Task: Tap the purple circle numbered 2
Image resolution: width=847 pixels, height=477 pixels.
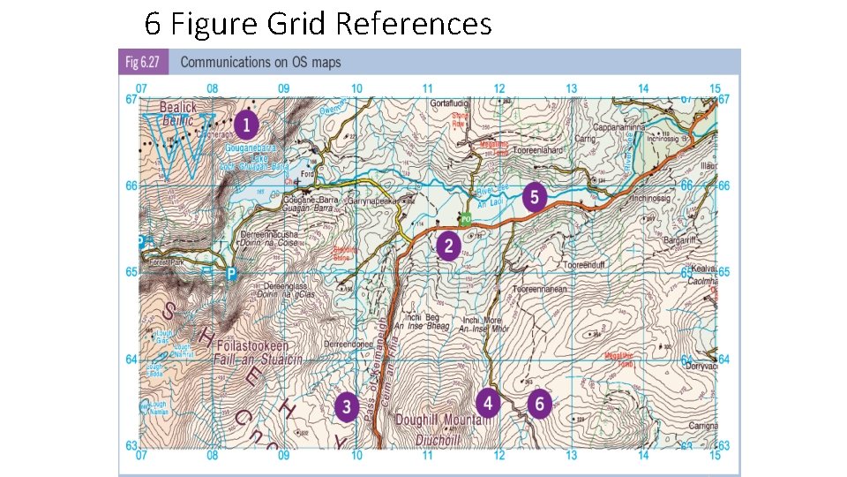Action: tap(448, 245)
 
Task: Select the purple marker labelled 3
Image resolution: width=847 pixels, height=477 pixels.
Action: tap(347, 405)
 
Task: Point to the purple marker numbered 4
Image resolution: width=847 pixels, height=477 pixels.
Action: tap(488, 402)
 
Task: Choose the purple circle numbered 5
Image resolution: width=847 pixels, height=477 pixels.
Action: tap(534, 196)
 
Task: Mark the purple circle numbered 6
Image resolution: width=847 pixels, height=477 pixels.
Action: tap(540, 404)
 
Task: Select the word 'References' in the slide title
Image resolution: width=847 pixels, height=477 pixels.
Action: tap(414, 24)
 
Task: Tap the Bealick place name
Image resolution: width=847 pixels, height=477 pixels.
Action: tap(178, 107)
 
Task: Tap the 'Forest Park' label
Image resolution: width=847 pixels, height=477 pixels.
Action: tap(169, 261)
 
